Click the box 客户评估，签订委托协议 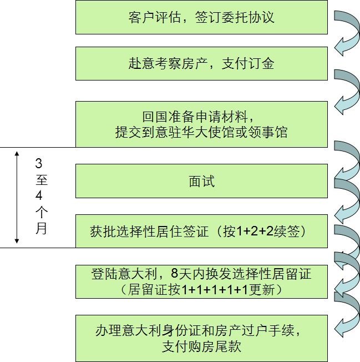[201, 17]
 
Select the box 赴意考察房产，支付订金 [201, 64]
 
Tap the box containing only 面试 [201, 181]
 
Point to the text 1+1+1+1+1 [215, 289]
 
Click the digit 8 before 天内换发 [174, 274]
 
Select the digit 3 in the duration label [39, 163]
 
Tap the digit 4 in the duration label [39, 195]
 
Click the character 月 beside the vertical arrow [41, 228]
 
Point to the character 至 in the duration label [42, 180]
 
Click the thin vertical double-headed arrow [17, 198]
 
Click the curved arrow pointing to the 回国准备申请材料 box [347, 91]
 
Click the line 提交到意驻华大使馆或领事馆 [201, 132]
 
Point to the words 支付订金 [248, 63]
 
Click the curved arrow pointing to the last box [347, 314]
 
